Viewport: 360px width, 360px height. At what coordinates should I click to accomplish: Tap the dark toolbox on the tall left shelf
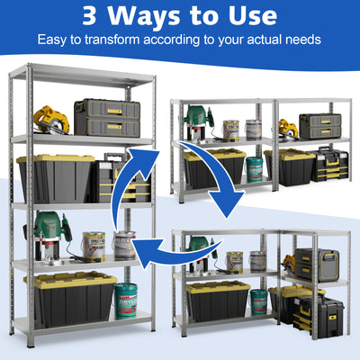pos(106,118)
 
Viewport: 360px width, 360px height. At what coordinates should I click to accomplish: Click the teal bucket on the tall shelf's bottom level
pos(125,300)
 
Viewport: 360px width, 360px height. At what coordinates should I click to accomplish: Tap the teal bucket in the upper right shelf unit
pos(255,168)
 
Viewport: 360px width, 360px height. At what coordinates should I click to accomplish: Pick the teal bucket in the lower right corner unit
pos(257,301)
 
